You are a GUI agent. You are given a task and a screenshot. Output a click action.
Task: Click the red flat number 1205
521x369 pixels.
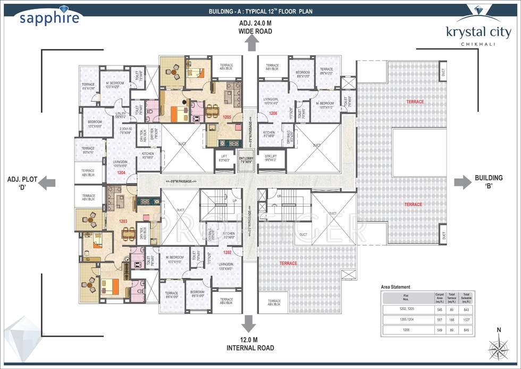click(227, 117)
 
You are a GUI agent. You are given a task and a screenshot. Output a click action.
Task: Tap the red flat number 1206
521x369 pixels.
click(273, 113)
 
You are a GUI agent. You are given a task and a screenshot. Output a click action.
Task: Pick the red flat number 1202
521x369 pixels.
click(227, 252)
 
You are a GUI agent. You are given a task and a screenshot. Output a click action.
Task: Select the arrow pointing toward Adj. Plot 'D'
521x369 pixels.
click(48, 182)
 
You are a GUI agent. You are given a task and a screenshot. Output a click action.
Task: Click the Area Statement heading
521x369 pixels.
click(396, 286)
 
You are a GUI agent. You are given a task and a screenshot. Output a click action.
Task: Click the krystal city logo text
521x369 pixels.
click(478, 32)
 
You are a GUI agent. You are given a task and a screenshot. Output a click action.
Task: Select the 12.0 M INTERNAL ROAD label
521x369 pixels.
click(248, 344)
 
